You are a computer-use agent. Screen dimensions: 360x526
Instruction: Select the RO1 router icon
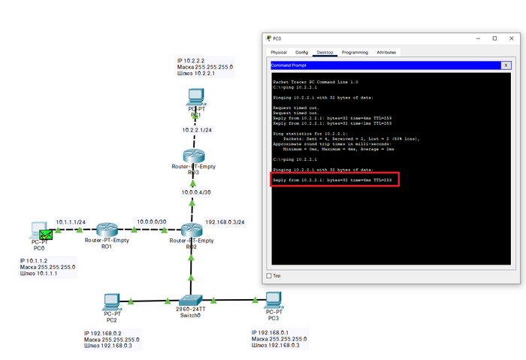tap(107, 230)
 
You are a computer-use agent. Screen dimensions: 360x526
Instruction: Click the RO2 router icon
tap(192, 230)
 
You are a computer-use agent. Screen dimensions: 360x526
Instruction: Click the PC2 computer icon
tap(112, 301)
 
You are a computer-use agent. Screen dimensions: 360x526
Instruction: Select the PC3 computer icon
tap(273, 301)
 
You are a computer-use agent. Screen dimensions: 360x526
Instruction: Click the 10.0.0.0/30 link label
tap(151, 222)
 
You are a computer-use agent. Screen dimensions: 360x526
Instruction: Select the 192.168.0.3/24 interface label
tap(225, 222)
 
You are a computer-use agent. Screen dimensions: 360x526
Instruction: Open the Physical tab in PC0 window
tap(279, 53)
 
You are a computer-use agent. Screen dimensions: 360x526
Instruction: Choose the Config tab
tap(301, 53)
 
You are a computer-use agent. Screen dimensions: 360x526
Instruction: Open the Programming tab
tap(355, 53)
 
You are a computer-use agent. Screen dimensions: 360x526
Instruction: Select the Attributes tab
tap(386, 53)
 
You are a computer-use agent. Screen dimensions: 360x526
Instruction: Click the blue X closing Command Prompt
tap(506, 65)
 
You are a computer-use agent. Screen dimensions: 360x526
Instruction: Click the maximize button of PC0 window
tap(494, 38)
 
